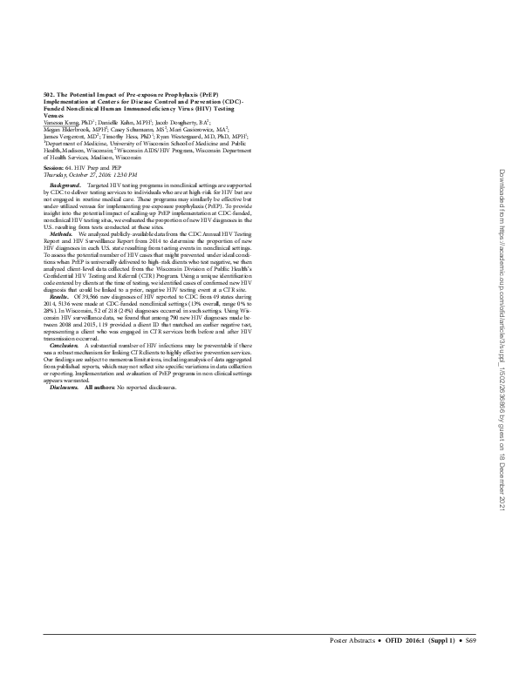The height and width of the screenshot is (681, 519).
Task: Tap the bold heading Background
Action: point(66,186)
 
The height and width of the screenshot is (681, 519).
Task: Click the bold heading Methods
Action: point(62,234)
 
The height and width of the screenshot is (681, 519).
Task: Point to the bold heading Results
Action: point(61,296)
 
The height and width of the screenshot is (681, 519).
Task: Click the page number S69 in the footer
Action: point(471,664)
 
